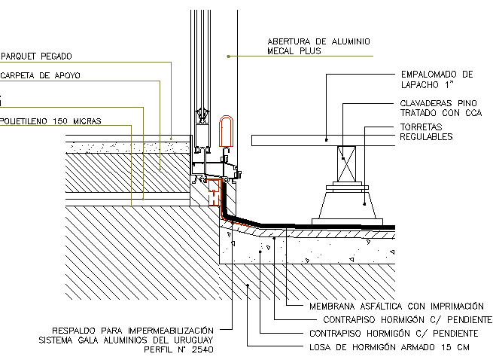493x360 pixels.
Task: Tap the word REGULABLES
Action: [426, 137]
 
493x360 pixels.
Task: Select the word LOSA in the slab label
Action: [322, 347]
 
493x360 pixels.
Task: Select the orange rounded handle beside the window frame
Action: [227, 132]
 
